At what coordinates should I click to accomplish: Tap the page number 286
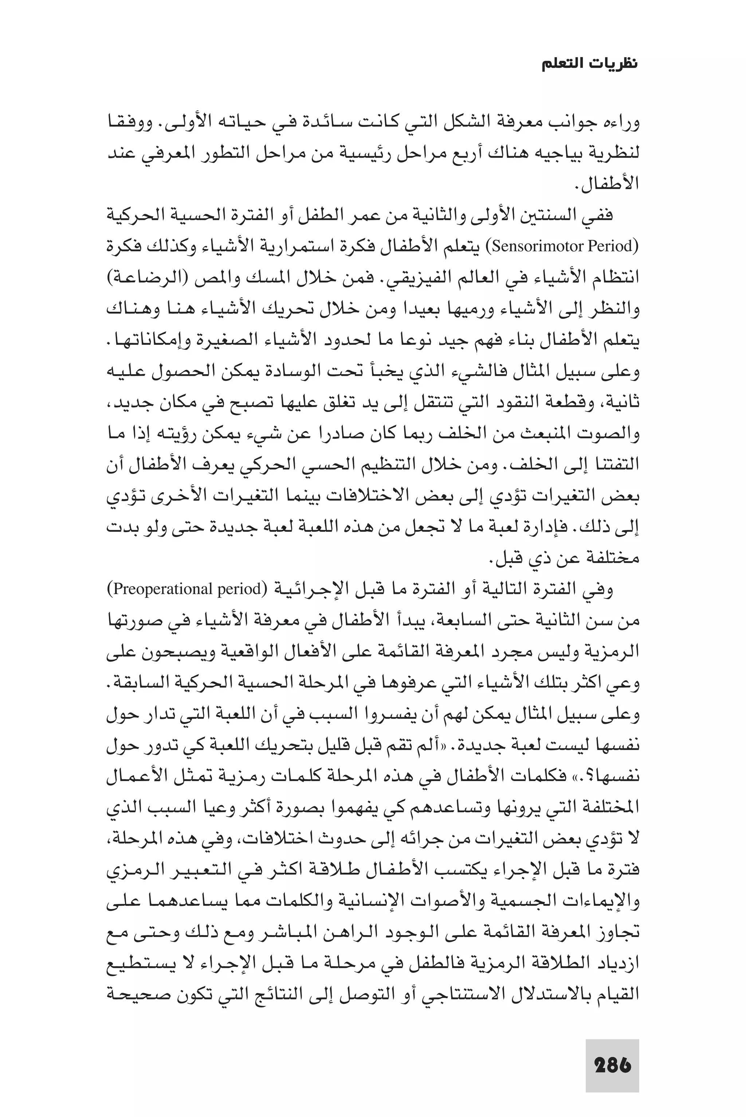(x=612, y=1066)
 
